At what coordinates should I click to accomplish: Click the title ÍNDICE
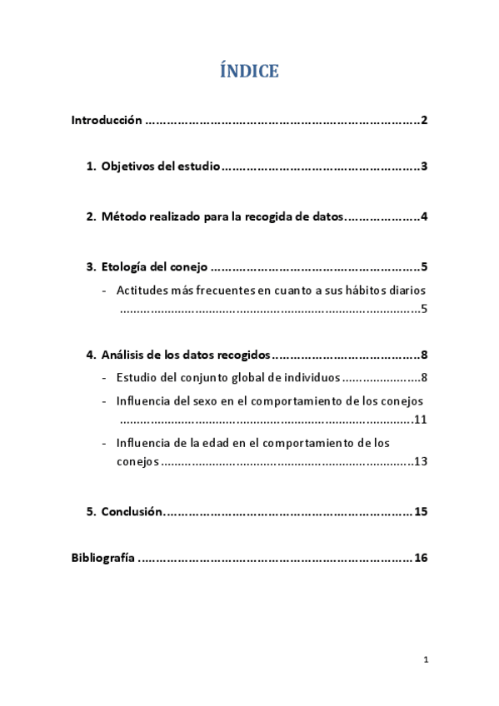tap(249, 72)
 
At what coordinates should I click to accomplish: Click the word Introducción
tap(107, 121)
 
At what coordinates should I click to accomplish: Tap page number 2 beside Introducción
tap(424, 121)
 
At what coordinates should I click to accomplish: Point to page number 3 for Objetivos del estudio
tap(424, 167)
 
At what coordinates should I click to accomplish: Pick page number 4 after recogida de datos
tap(424, 217)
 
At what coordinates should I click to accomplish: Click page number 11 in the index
tap(420, 419)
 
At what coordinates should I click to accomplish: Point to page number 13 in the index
tap(420, 461)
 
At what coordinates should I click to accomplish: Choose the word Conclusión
tap(132, 511)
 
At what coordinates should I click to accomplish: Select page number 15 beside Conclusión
tap(420, 511)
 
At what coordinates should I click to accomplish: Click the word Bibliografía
tap(102, 558)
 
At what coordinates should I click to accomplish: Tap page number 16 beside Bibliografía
tap(420, 558)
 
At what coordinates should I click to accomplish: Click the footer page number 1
tap(425, 660)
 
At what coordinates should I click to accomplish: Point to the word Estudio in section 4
tap(138, 378)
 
